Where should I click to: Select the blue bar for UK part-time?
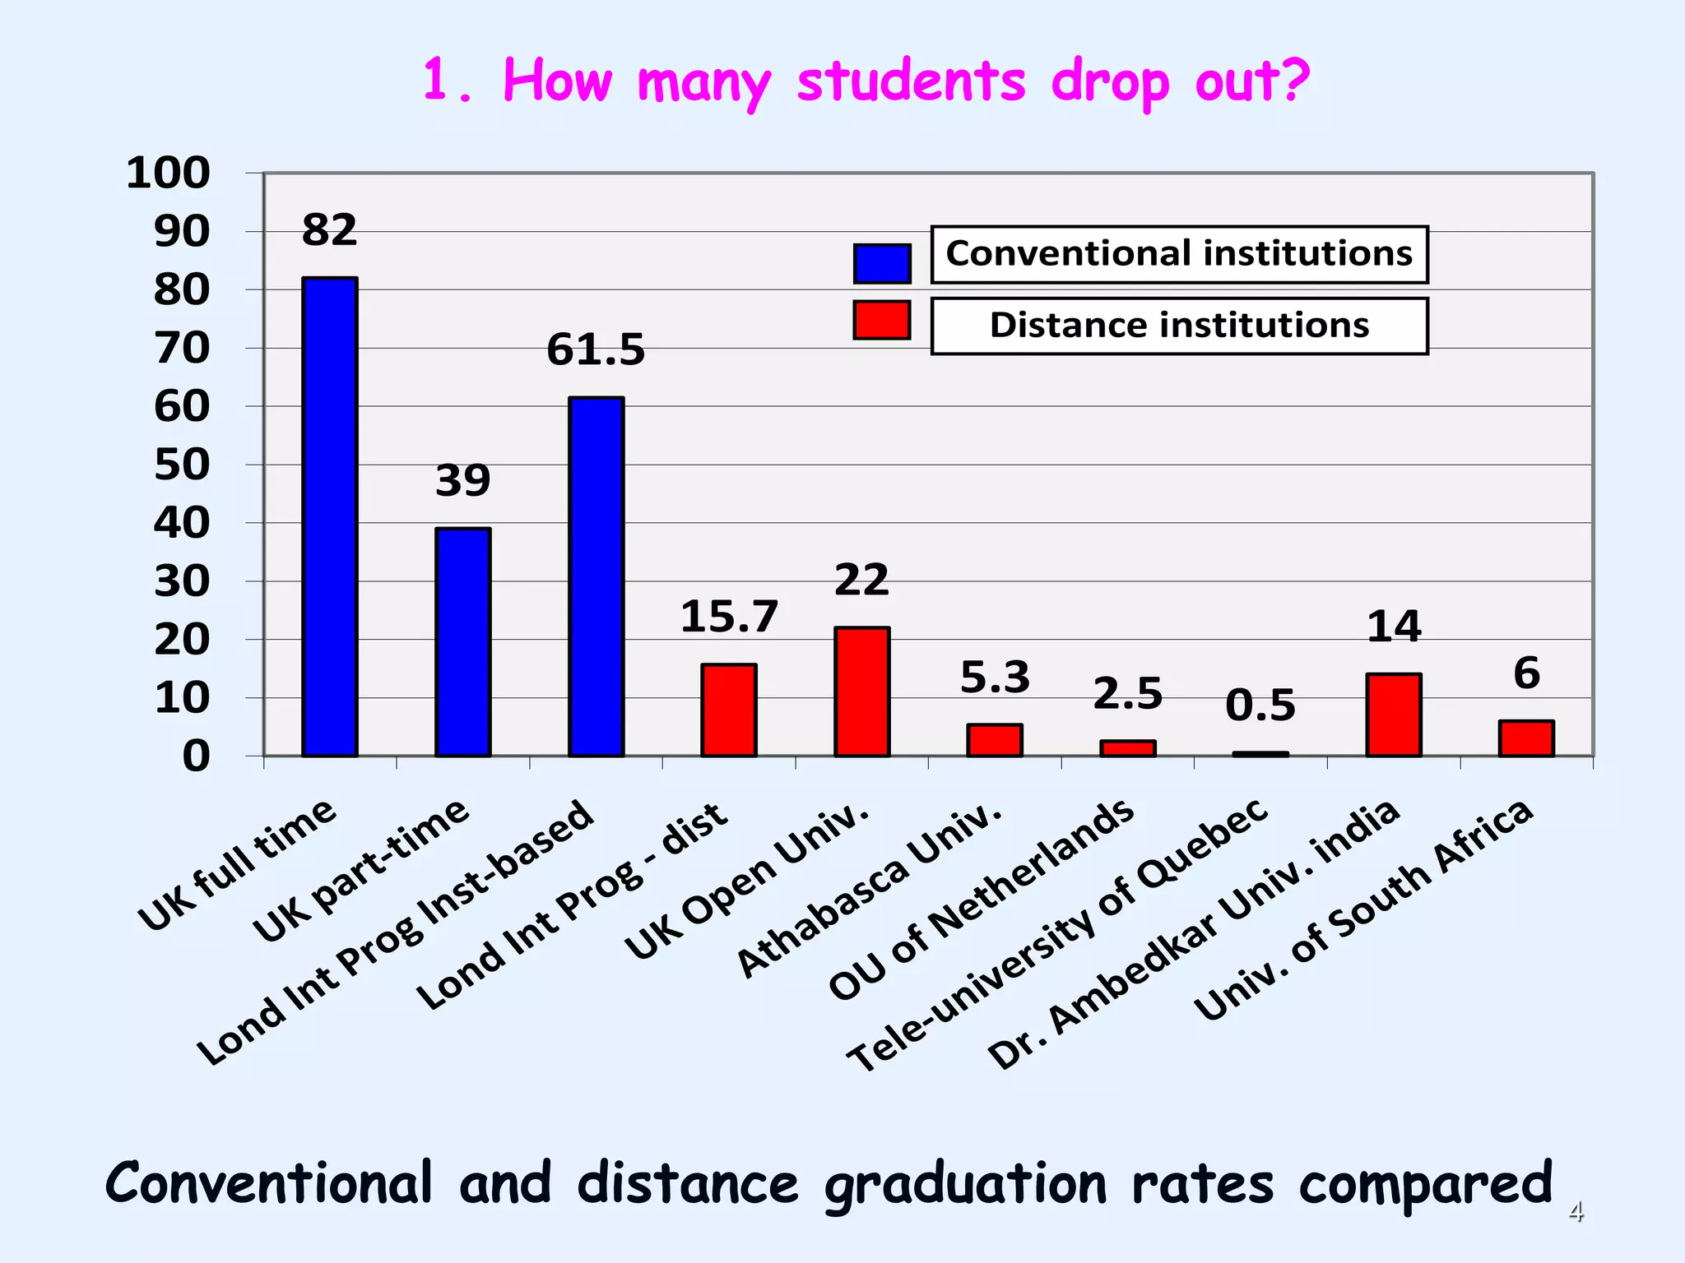tap(462, 642)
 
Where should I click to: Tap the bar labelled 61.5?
tap(596, 576)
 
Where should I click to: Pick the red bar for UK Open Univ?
tap(861, 692)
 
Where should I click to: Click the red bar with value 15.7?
tap(728, 710)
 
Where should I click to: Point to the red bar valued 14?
tap(1393, 715)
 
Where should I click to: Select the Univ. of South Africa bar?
tap(1526, 738)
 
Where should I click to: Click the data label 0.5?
tap(1260, 706)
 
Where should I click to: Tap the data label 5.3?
tap(995, 678)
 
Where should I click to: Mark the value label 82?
tap(329, 229)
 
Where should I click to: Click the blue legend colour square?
tap(881, 263)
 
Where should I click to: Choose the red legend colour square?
tap(881, 320)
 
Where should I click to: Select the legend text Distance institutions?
tap(1178, 326)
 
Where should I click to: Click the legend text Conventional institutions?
tap(1178, 253)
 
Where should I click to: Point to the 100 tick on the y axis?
tap(168, 173)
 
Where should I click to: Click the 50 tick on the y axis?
tap(182, 465)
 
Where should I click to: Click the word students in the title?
tap(911, 82)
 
